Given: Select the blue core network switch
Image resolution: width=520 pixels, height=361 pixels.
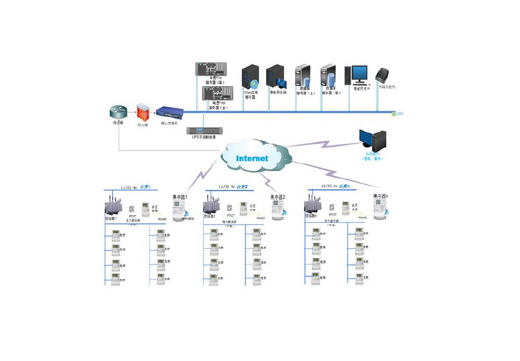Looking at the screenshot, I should (170, 113).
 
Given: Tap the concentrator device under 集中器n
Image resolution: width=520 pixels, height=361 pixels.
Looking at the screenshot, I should (380, 209).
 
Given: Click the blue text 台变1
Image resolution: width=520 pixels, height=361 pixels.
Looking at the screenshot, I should (146, 186).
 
